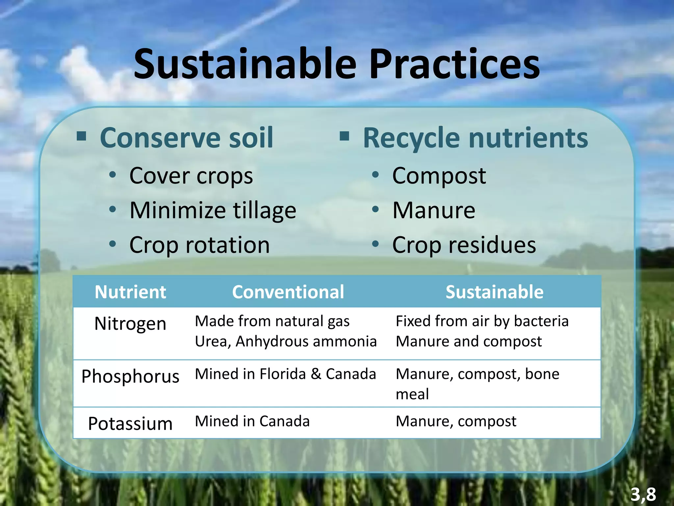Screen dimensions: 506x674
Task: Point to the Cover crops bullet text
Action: (191, 176)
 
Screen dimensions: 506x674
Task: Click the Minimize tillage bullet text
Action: (213, 211)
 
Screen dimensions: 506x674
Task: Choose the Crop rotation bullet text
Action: (199, 245)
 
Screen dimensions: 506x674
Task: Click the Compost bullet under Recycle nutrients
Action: (439, 176)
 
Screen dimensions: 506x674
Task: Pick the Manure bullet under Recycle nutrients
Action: (434, 211)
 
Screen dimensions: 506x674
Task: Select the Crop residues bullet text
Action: (464, 245)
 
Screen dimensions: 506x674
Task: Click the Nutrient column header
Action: (130, 292)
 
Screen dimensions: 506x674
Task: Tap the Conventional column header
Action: (288, 292)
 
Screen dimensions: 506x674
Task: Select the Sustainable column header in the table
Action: (494, 292)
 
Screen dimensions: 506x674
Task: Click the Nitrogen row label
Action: (130, 323)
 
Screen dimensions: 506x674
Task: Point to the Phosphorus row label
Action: (130, 376)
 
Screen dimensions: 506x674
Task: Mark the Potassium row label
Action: (130, 424)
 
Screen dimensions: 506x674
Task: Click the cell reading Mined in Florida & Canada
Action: (285, 374)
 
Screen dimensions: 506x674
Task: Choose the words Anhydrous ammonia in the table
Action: (306, 341)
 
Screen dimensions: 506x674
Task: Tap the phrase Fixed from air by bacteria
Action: (482, 321)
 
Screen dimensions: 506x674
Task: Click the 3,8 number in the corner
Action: (643, 494)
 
